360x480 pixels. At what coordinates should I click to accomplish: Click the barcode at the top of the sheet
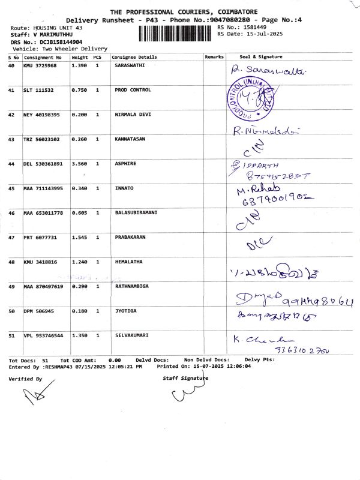(x=176, y=34)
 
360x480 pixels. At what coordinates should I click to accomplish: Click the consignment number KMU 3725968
(x=40, y=65)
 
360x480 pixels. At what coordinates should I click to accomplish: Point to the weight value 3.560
(x=79, y=164)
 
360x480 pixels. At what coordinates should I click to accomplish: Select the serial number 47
(x=11, y=238)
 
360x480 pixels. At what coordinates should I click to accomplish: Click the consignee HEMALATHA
(x=128, y=262)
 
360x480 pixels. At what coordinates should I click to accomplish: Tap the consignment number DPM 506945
(x=40, y=311)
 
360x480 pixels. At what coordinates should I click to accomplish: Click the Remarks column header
(x=214, y=57)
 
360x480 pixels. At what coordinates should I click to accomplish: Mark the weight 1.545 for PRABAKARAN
(x=79, y=238)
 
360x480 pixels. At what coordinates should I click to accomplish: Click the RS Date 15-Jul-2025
(x=259, y=34)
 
